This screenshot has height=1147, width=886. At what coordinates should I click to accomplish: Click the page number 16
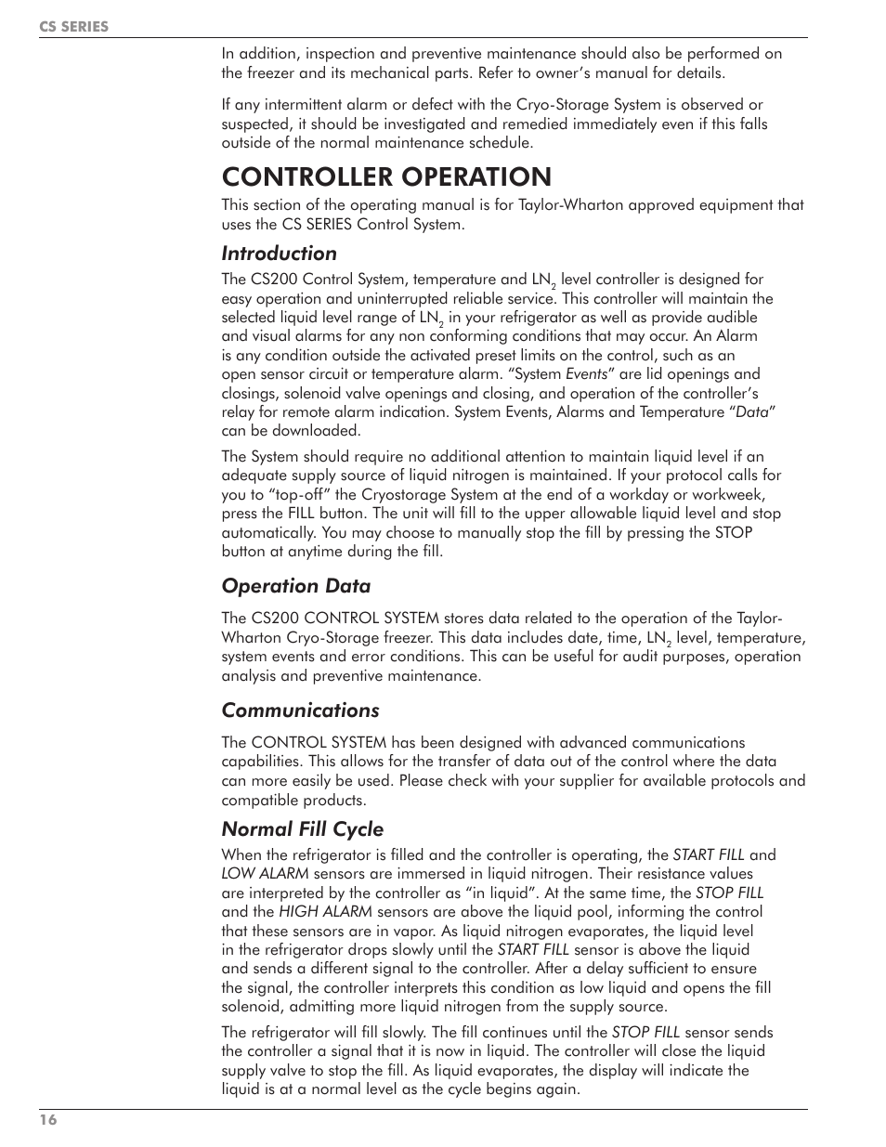pos(47,1121)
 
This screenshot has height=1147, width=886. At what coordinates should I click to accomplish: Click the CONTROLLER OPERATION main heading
pos(386,176)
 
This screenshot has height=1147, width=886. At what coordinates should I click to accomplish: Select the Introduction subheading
pos(279,253)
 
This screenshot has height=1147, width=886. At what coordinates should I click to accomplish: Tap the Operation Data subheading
pos(295,585)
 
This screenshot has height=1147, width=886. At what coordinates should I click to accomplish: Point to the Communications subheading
pos(300,710)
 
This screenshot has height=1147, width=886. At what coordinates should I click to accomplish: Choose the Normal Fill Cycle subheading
pos(302,828)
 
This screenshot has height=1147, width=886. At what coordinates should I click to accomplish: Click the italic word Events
pos(587,374)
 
